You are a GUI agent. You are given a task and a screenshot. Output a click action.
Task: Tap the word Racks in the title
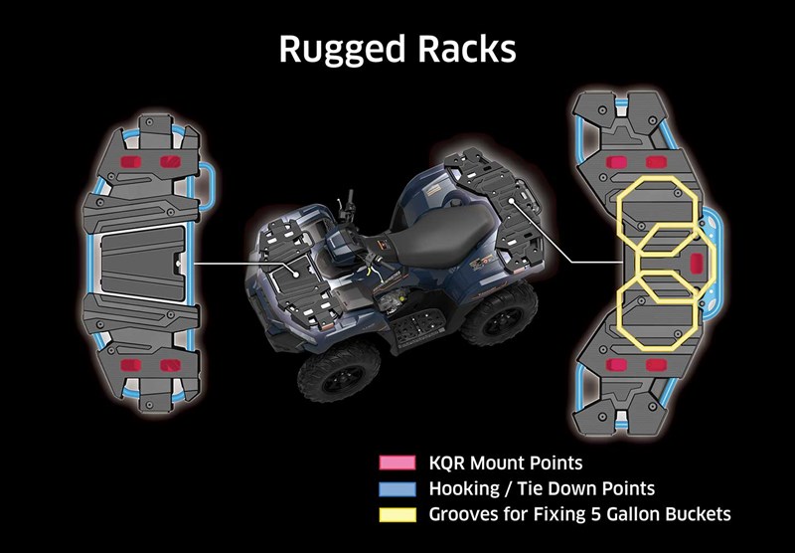click(x=467, y=49)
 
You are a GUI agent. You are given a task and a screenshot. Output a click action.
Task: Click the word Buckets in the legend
click(x=698, y=515)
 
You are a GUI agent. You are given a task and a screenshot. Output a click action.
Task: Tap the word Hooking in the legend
click(x=465, y=489)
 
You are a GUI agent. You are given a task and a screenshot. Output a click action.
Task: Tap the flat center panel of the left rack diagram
click(x=143, y=262)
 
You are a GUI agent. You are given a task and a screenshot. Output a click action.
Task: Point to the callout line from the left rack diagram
click(x=238, y=264)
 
